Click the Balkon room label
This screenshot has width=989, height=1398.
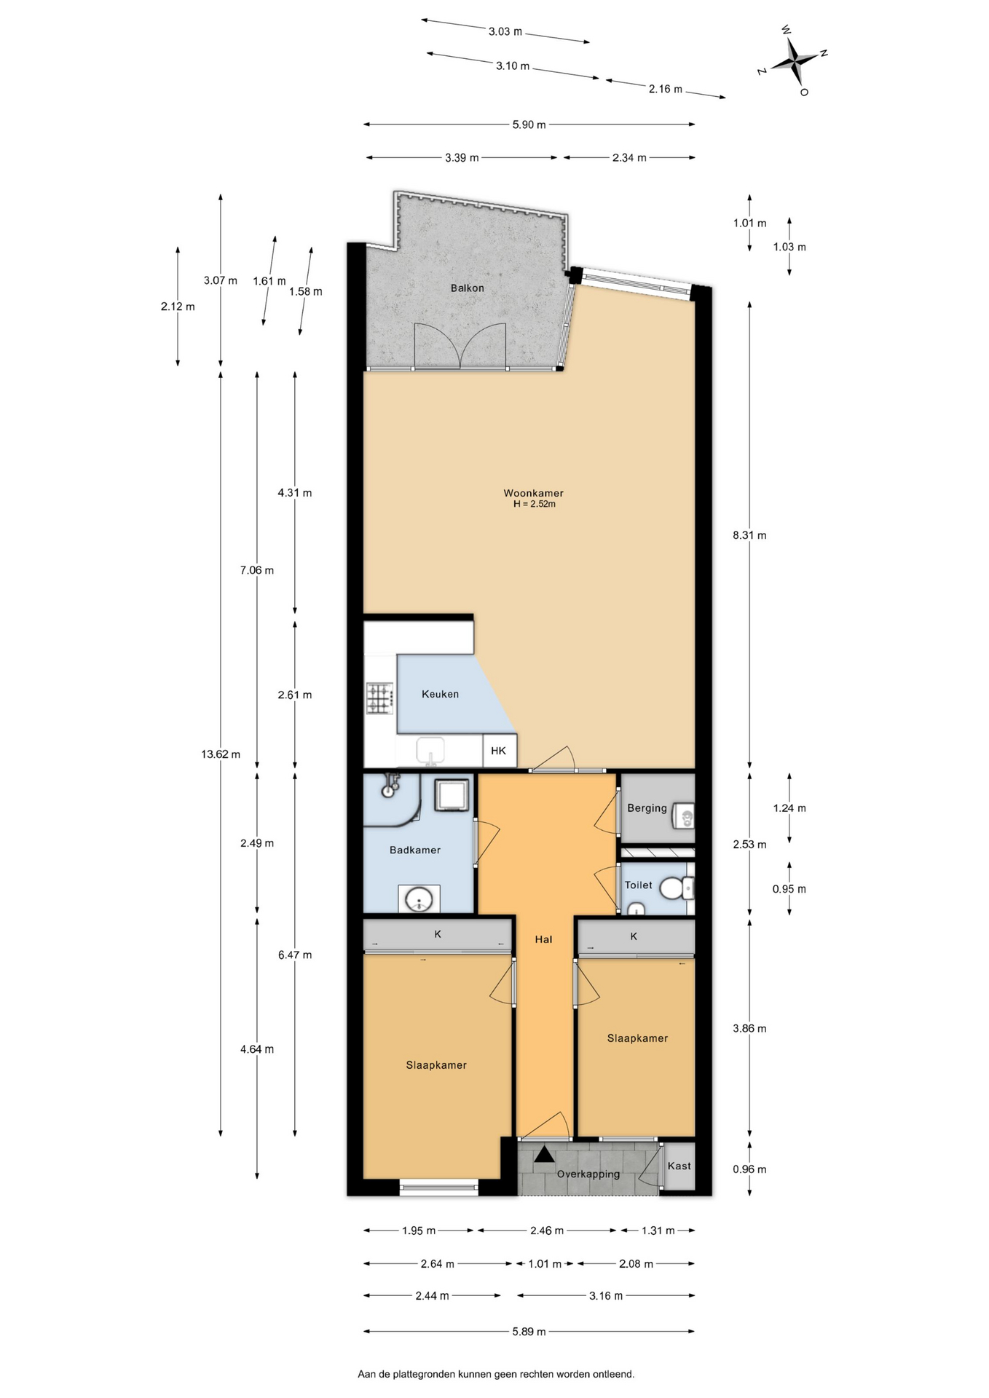coord(467,288)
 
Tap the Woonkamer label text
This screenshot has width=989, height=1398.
coord(533,493)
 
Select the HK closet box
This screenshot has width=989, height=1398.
coord(500,751)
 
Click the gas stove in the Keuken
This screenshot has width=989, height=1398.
coord(379,698)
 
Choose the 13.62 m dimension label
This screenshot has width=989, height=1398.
coord(221,754)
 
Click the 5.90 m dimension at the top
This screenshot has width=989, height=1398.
coord(529,125)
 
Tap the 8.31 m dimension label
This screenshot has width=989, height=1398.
coord(749,535)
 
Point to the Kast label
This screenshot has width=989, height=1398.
coord(679,1166)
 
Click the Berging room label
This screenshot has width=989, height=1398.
coord(647,808)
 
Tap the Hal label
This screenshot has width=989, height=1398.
coord(543,939)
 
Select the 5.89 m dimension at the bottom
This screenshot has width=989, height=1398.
coord(529,1332)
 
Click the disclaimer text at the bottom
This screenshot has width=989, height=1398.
coord(496,1375)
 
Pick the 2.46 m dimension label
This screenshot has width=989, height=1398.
coord(546,1231)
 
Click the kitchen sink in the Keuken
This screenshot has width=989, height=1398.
coord(430,751)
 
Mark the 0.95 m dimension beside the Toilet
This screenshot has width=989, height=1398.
coord(789,889)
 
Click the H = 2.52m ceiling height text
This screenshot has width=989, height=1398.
coord(534,504)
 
